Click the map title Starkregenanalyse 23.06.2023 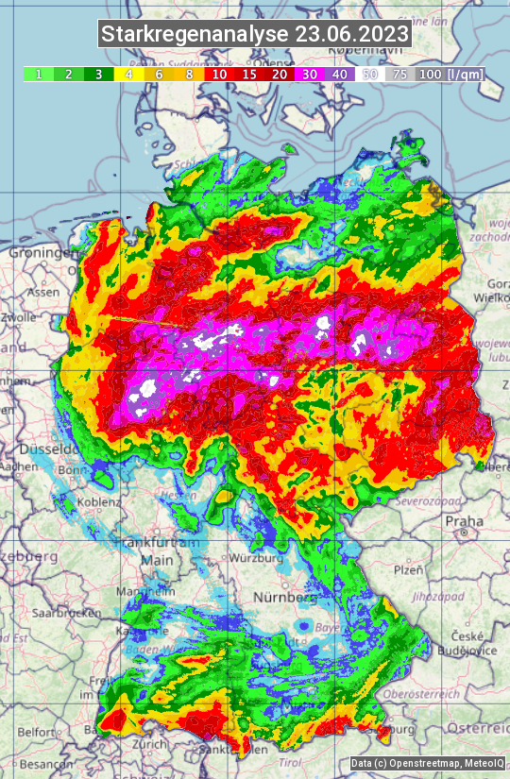255,35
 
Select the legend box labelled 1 38,74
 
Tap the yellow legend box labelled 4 127,74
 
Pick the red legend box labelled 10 219,74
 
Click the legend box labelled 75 400,74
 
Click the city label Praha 464,520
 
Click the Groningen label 42,253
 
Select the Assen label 42,293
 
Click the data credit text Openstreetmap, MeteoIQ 427,763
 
